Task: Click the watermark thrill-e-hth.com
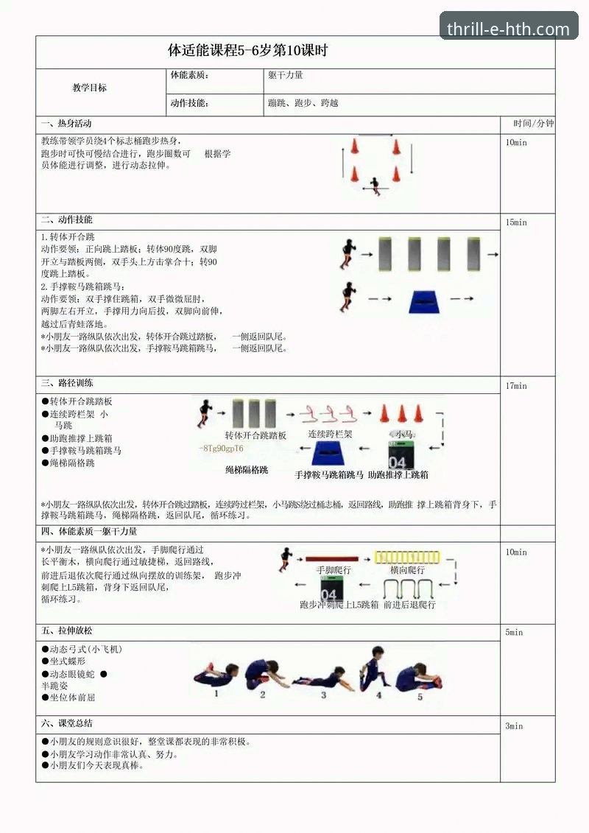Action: tap(509, 29)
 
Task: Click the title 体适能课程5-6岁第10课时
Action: tap(247, 51)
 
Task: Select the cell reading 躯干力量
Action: tap(286, 75)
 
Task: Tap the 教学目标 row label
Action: tap(90, 88)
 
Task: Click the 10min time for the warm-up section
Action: tap(516, 142)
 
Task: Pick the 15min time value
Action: tap(516, 222)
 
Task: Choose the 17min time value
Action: tap(516, 385)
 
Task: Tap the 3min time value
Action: tap(514, 725)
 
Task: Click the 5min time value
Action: tap(514, 632)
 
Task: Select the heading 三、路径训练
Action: tap(67, 383)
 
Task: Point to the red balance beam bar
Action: tap(331, 558)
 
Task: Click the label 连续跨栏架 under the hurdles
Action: tap(330, 435)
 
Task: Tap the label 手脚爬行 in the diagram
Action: tap(334, 570)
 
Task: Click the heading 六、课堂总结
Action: tap(67, 723)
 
